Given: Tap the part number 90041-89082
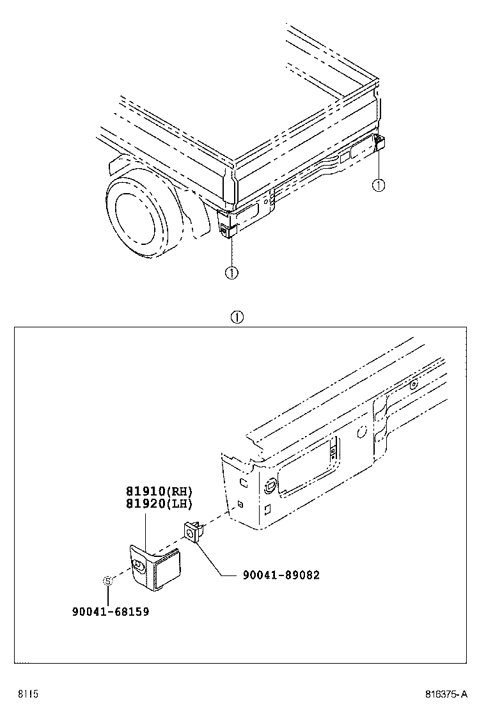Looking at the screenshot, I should pyautogui.click(x=281, y=575).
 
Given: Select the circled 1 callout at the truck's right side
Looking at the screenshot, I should pyautogui.click(x=379, y=185).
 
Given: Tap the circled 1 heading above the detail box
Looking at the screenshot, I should pyautogui.click(x=237, y=316).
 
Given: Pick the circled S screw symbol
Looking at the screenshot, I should pyautogui.click(x=108, y=581).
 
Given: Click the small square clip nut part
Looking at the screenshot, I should pyautogui.click(x=192, y=531).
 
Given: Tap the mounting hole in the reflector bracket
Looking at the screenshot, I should pyautogui.click(x=138, y=564).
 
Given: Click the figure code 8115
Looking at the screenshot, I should pyautogui.click(x=28, y=694).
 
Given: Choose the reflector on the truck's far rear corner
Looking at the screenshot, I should pyautogui.click(x=379, y=144).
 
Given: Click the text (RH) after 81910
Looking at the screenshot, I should pyautogui.click(x=180, y=491).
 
